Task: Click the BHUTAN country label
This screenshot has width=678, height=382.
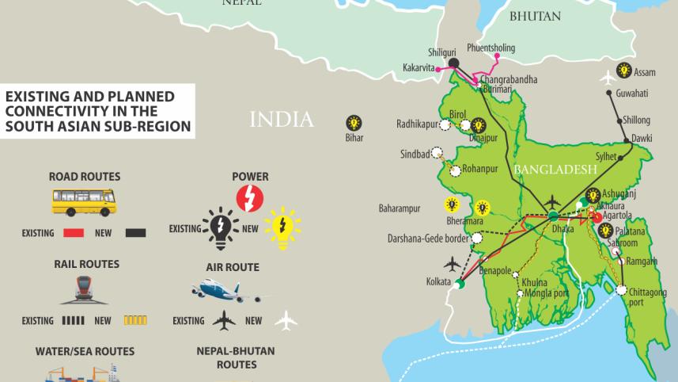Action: (x=535, y=16)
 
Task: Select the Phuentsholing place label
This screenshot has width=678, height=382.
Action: (x=491, y=48)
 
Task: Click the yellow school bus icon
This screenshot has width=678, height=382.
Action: (x=84, y=201)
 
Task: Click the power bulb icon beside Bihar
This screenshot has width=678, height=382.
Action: (x=354, y=123)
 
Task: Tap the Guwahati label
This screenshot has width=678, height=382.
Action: (x=632, y=94)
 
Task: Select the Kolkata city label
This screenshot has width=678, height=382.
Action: (x=437, y=282)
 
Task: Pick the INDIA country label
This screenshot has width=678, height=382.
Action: (x=282, y=120)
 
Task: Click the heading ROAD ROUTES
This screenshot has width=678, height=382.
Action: (x=85, y=176)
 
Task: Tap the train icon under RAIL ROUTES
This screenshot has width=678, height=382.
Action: (x=84, y=291)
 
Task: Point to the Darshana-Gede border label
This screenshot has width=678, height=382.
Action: (x=427, y=238)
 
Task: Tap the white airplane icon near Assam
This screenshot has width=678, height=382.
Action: (x=608, y=78)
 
